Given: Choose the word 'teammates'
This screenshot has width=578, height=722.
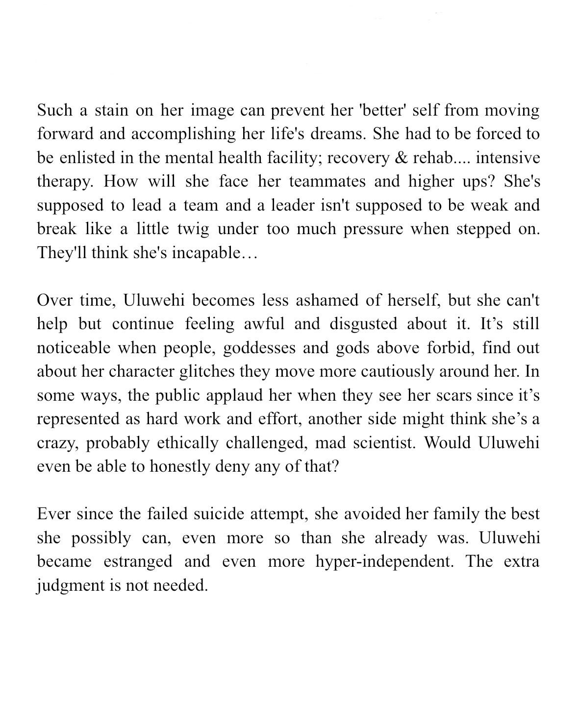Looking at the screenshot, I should click(x=327, y=182).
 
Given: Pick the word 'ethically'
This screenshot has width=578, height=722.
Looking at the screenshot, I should click(x=188, y=443).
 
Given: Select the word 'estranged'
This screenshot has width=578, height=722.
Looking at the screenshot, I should click(x=138, y=561).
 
